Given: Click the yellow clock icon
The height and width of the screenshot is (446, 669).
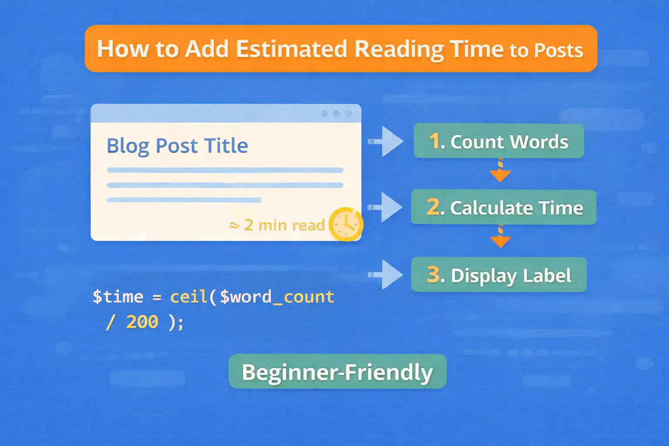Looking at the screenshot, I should (346, 224).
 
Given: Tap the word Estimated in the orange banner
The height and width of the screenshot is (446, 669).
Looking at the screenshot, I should (291, 49).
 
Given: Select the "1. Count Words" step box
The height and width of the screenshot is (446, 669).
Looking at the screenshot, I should (498, 141).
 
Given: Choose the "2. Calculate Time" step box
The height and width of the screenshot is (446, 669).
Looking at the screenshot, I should (503, 207).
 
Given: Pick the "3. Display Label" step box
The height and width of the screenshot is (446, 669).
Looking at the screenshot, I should (499, 275).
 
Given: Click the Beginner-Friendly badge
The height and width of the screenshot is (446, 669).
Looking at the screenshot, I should (338, 372).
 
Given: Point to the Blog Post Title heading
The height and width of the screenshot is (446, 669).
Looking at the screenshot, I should (177, 145).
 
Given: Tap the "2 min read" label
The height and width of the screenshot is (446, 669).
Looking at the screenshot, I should (284, 225).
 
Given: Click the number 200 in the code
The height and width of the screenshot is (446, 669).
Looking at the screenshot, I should (142, 322).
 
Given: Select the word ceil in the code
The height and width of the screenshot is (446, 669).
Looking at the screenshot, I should (189, 297).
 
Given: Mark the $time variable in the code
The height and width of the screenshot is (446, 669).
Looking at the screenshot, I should (118, 297).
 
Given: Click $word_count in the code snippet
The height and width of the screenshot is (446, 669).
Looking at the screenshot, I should (277, 297).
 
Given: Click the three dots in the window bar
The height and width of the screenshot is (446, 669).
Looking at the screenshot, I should (336, 114).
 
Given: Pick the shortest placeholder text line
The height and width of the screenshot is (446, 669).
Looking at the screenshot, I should (183, 200).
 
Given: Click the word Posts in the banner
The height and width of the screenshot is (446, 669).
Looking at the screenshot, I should (558, 51).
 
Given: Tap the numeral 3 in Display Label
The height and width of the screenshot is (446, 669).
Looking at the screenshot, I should (433, 274).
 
